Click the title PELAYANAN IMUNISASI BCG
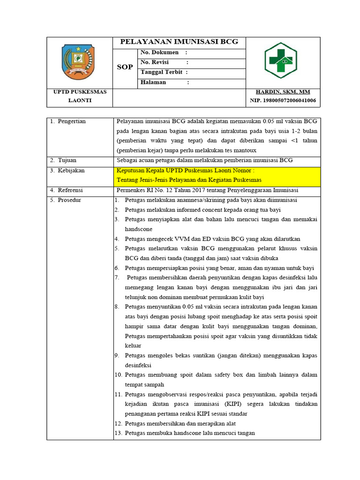(179, 42)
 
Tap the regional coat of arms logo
(79, 62)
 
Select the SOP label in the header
(125, 67)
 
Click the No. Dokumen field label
(159, 52)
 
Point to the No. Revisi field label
(155, 62)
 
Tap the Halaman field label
(153, 82)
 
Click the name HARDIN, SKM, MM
(282, 92)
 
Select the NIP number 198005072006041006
(282, 101)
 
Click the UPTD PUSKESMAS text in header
(80, 92)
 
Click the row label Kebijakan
(71, 171)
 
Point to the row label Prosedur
(69, 200)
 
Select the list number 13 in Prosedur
(118, 433)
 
